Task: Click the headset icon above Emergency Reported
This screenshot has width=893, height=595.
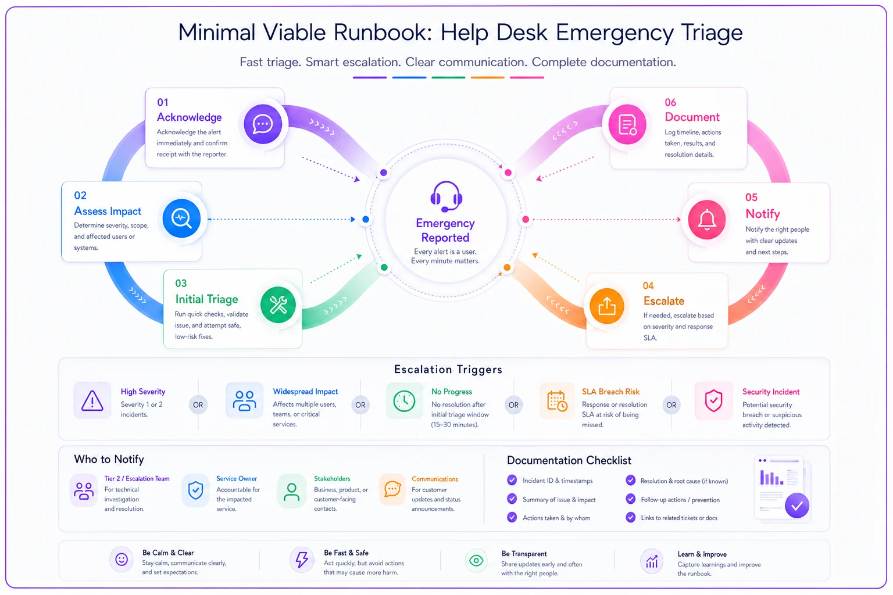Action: (x=446, y=196)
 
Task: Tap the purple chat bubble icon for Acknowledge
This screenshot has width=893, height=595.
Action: (x=263, y=124)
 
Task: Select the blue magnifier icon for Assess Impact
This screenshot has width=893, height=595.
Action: (x=181, y=218)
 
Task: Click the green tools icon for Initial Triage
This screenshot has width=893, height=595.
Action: (x=278, y=305)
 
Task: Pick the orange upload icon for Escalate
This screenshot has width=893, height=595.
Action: (x=607, y=306)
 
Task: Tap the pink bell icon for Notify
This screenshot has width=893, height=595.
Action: (x=707, y=220)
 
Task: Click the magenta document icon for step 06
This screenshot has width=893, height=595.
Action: (x=627, y=124)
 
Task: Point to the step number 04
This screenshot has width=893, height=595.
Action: (x=648, y=286)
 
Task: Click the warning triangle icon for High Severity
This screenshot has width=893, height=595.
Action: (x=92, y=400)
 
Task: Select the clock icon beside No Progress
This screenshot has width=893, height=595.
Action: (x=404, y=401)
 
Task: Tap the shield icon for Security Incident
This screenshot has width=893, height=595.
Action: (x=713, y=400)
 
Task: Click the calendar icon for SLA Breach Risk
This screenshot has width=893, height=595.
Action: (x=557, y=401)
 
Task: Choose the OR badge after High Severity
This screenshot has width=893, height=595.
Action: (x=198, y=405)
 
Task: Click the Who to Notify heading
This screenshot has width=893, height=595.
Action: (x=109, y=459)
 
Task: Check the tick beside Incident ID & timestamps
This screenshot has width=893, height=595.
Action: (x=512, y=480)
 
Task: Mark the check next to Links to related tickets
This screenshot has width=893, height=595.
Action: (x=630, y=517)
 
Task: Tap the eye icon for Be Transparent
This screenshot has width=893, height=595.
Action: (x=476, y=561)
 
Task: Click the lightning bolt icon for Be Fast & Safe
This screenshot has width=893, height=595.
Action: (x=302, y=560)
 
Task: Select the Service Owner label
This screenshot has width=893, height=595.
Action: (x=237, y=479)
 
